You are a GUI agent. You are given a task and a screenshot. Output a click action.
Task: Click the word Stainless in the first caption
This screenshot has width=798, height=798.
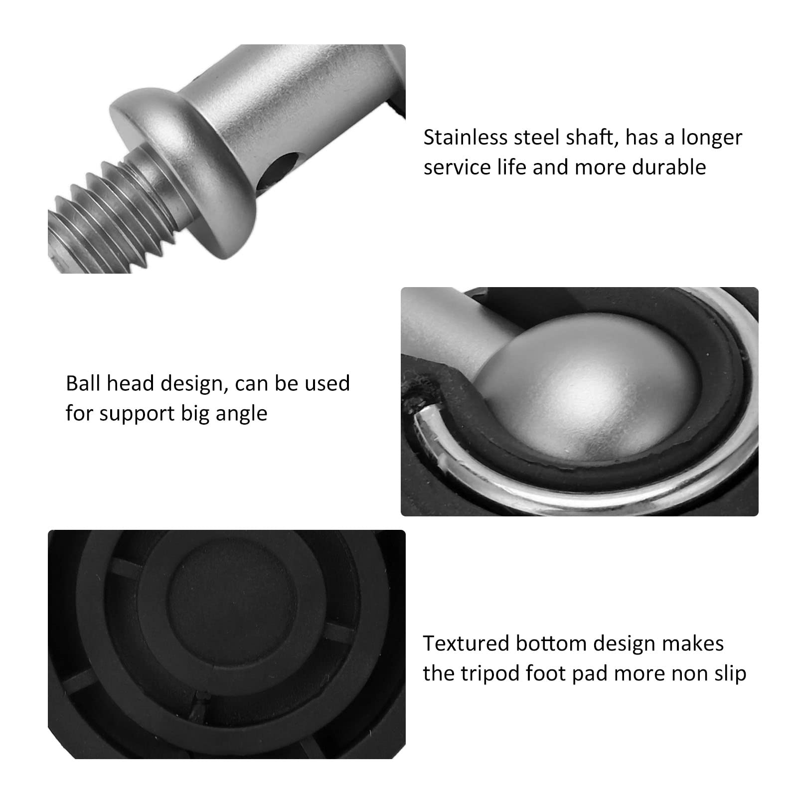coord(466,138)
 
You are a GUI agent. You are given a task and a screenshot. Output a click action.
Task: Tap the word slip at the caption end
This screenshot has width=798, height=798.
coord(729,674)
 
